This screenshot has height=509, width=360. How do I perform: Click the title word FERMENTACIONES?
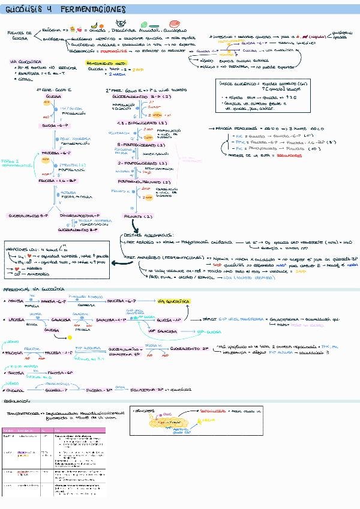pyautogui.click(x=93, y=10)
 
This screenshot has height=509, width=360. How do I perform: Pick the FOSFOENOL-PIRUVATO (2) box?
pyautogui.click(x=145, y=181)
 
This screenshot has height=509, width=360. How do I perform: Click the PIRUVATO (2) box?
pyautogui.click(x=138, y=215)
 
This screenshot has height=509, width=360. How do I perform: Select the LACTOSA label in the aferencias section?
pyautogui.click(x=17, y=321)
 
